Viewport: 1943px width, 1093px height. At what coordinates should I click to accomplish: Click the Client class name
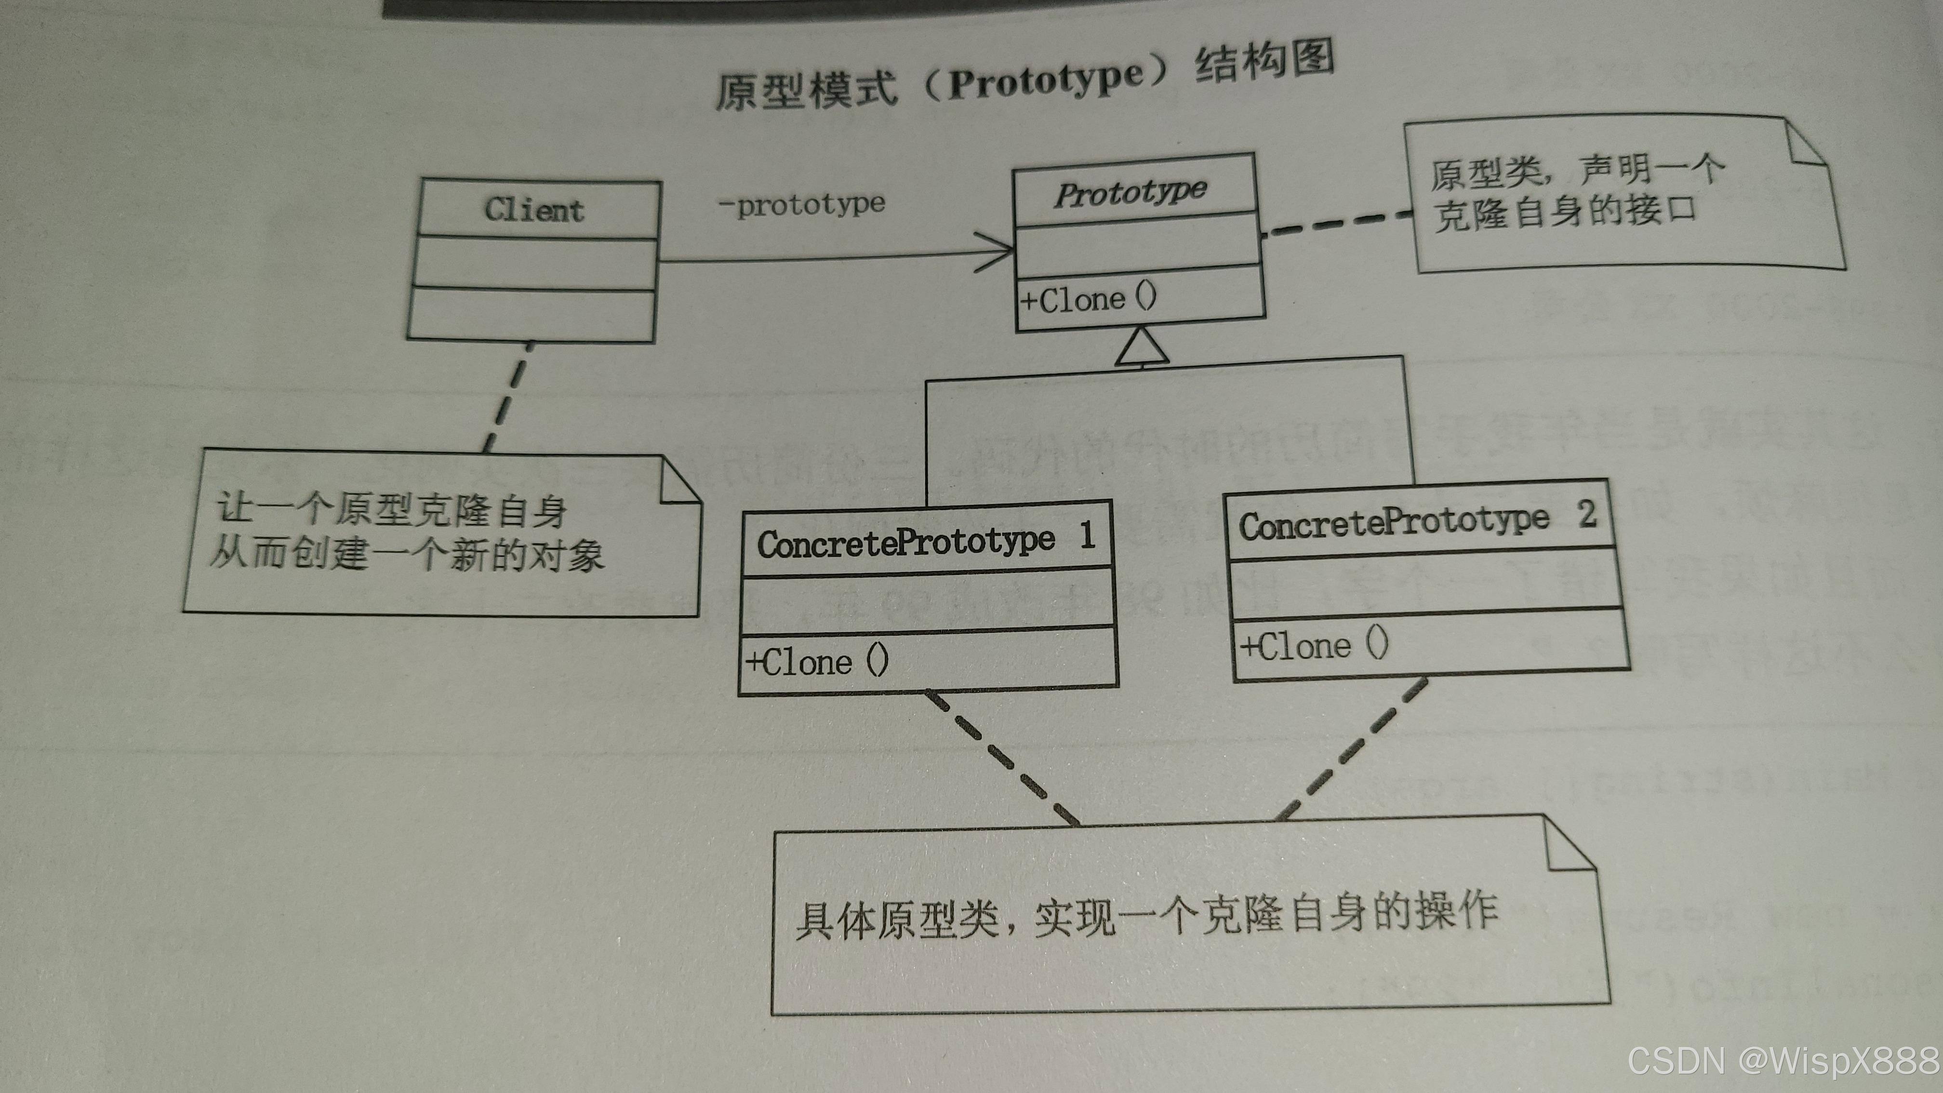[x=534, y=210]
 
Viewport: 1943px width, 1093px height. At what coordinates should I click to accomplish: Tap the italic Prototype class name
[x=1131, y=192]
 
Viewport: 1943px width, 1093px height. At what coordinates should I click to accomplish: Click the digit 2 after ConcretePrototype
[x=1587, y=514]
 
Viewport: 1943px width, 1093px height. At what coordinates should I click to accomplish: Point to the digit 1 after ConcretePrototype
[x=1087, y=535]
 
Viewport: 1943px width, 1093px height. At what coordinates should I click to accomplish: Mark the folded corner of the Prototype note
[x=1807, y=143]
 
